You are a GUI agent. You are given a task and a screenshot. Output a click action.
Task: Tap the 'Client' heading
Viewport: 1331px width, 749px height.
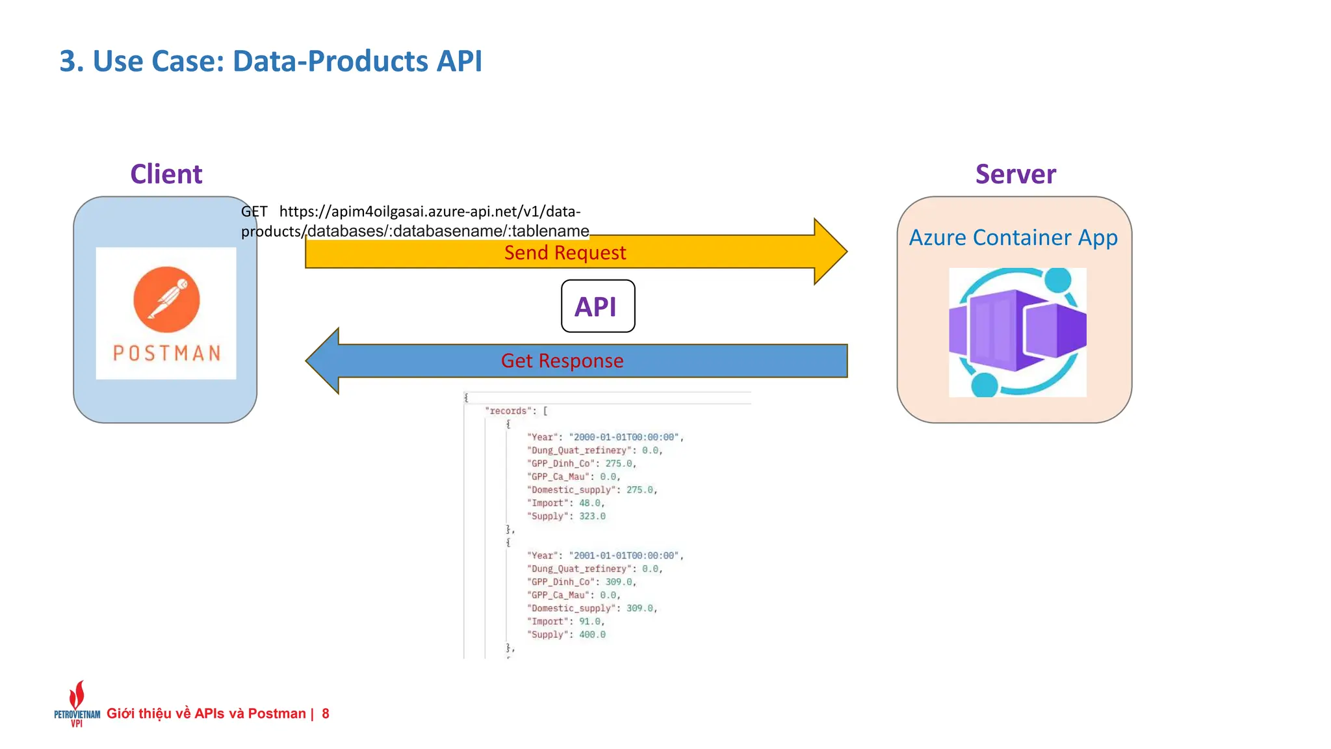[166, 174]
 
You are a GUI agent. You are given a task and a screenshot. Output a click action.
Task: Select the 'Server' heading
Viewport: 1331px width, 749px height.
[1015, 174]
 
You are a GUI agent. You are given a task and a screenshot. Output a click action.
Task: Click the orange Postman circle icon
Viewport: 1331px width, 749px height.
[166, 299]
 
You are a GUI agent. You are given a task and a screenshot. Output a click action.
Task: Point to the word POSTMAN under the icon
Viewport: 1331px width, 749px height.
[166, 353]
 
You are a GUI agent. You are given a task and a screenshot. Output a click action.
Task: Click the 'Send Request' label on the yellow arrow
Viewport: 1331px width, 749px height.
[565, 252]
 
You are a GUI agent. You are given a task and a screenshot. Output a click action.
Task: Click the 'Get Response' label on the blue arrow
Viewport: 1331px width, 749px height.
[562, 361]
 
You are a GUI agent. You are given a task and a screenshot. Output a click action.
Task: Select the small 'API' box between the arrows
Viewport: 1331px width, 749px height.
[597, 306]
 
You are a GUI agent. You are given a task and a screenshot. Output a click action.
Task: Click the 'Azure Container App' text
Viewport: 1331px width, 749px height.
[1013, 238]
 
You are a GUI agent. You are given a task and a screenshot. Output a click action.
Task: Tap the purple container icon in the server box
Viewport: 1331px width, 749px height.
[1017, 332]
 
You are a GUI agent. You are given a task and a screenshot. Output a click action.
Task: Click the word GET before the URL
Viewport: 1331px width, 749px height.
[254, 211]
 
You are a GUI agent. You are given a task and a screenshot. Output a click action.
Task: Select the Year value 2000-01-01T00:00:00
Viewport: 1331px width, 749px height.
[625, 437]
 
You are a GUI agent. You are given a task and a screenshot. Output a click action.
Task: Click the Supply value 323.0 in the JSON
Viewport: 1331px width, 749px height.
[592, 516]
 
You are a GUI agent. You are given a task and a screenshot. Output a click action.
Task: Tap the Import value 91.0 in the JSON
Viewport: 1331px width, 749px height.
[589, 622]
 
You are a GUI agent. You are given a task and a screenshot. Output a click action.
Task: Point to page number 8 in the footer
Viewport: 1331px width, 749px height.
[326, 714]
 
